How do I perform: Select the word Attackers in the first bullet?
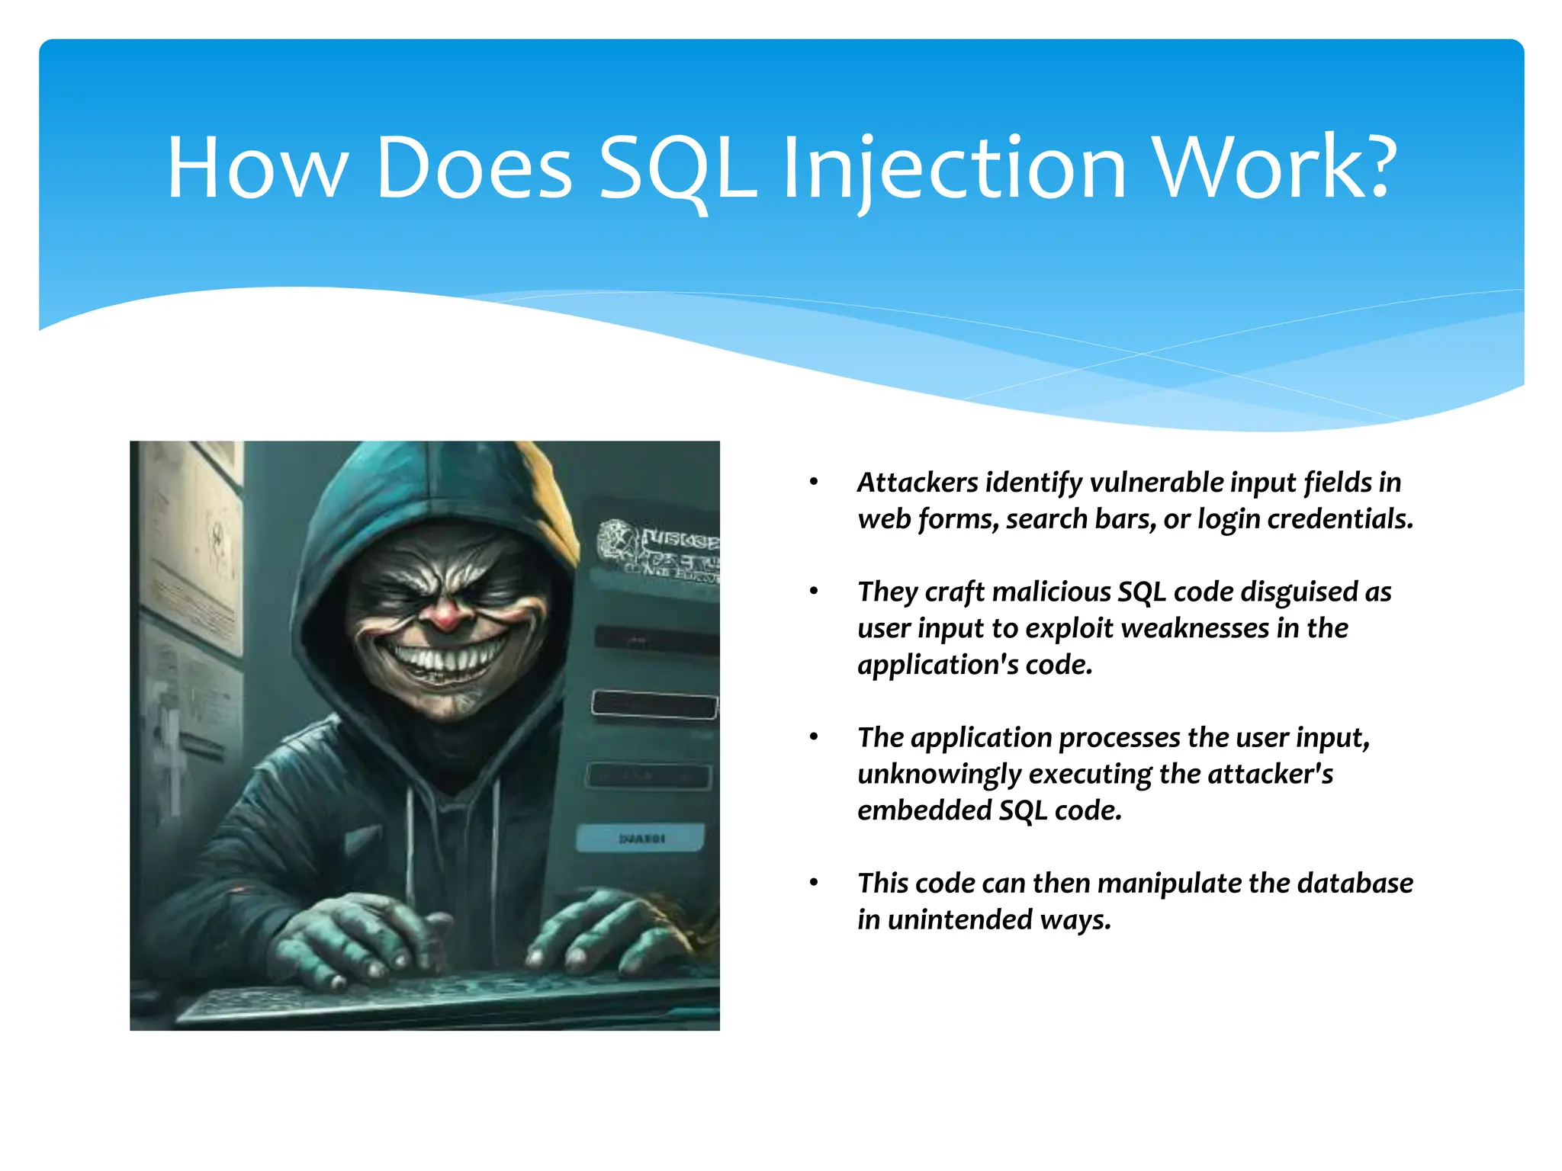[x=918, y=483]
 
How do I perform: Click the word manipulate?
[x=1169, y=884]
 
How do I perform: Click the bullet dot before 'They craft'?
[x=814, y=591]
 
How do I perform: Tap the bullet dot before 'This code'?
[x=814, y=883]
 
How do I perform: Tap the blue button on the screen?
[x=641, y=839]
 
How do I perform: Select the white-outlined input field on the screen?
[x=654, y=704]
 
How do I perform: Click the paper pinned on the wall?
[x=194, y=549]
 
